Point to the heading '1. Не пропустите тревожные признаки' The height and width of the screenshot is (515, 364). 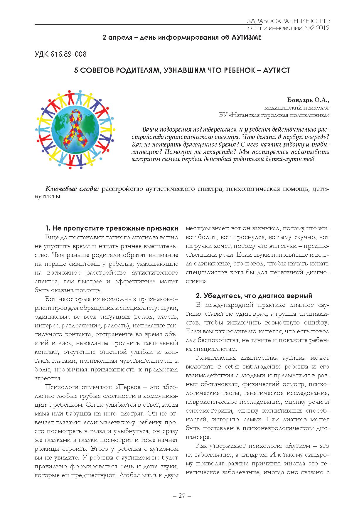coord(112,228)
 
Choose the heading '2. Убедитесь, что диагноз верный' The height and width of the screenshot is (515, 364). coord(254,295)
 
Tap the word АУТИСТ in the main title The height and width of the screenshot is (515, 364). coord(276,70)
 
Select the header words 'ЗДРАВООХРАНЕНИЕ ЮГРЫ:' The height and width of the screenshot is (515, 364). coord(288,21)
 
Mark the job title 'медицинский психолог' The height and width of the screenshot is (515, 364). coord(296,108)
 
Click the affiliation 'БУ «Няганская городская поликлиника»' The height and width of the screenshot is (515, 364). coord(274,115)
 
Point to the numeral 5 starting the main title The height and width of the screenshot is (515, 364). coord(76,70)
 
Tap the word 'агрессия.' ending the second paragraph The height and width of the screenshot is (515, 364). coord(48,378)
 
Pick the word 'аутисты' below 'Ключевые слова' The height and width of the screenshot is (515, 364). coord(48,196)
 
